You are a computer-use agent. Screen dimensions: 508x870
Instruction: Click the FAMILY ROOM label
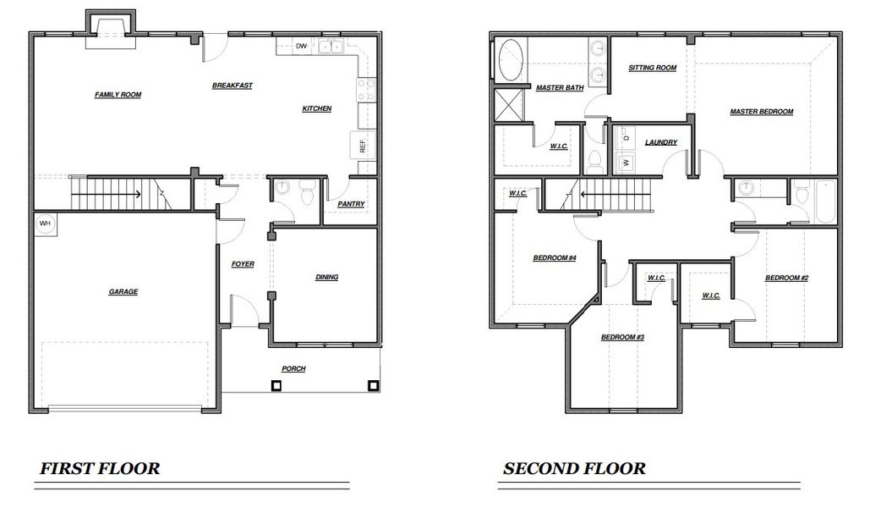(x=118, y=95)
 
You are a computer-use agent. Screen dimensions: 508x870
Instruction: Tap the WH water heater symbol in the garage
(x=45, y=224)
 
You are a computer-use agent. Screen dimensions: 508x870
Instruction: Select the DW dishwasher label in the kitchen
(x=301, y=47)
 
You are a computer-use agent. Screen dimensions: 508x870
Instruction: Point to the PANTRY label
(x=351, y=204)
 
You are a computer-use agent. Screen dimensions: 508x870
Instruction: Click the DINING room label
(x=326, y=277)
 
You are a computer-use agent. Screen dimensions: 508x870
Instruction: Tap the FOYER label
(x=243, y=264)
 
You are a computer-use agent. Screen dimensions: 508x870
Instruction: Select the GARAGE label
(x=123, y=291)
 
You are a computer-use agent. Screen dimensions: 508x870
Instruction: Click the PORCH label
(x=293, y=368)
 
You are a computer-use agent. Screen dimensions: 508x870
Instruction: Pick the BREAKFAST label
(x=233, y=86)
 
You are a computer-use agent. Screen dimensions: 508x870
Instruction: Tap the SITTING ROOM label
(x=652, y=68)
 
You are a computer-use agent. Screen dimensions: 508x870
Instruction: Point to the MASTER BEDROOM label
(x=762, y=112)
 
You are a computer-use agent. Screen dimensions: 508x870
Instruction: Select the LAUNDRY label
(x=660, y=142)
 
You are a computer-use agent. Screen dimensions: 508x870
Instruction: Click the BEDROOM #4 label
(x=554, y=257)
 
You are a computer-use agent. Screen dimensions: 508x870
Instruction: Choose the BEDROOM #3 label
(x=622, y=337)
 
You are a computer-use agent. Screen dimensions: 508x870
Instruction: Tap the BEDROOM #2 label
(x=787, y=278)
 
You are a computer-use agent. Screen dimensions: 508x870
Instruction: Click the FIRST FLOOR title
(x=100, y=468)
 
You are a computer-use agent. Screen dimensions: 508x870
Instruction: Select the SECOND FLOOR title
(x=574, y=468)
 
